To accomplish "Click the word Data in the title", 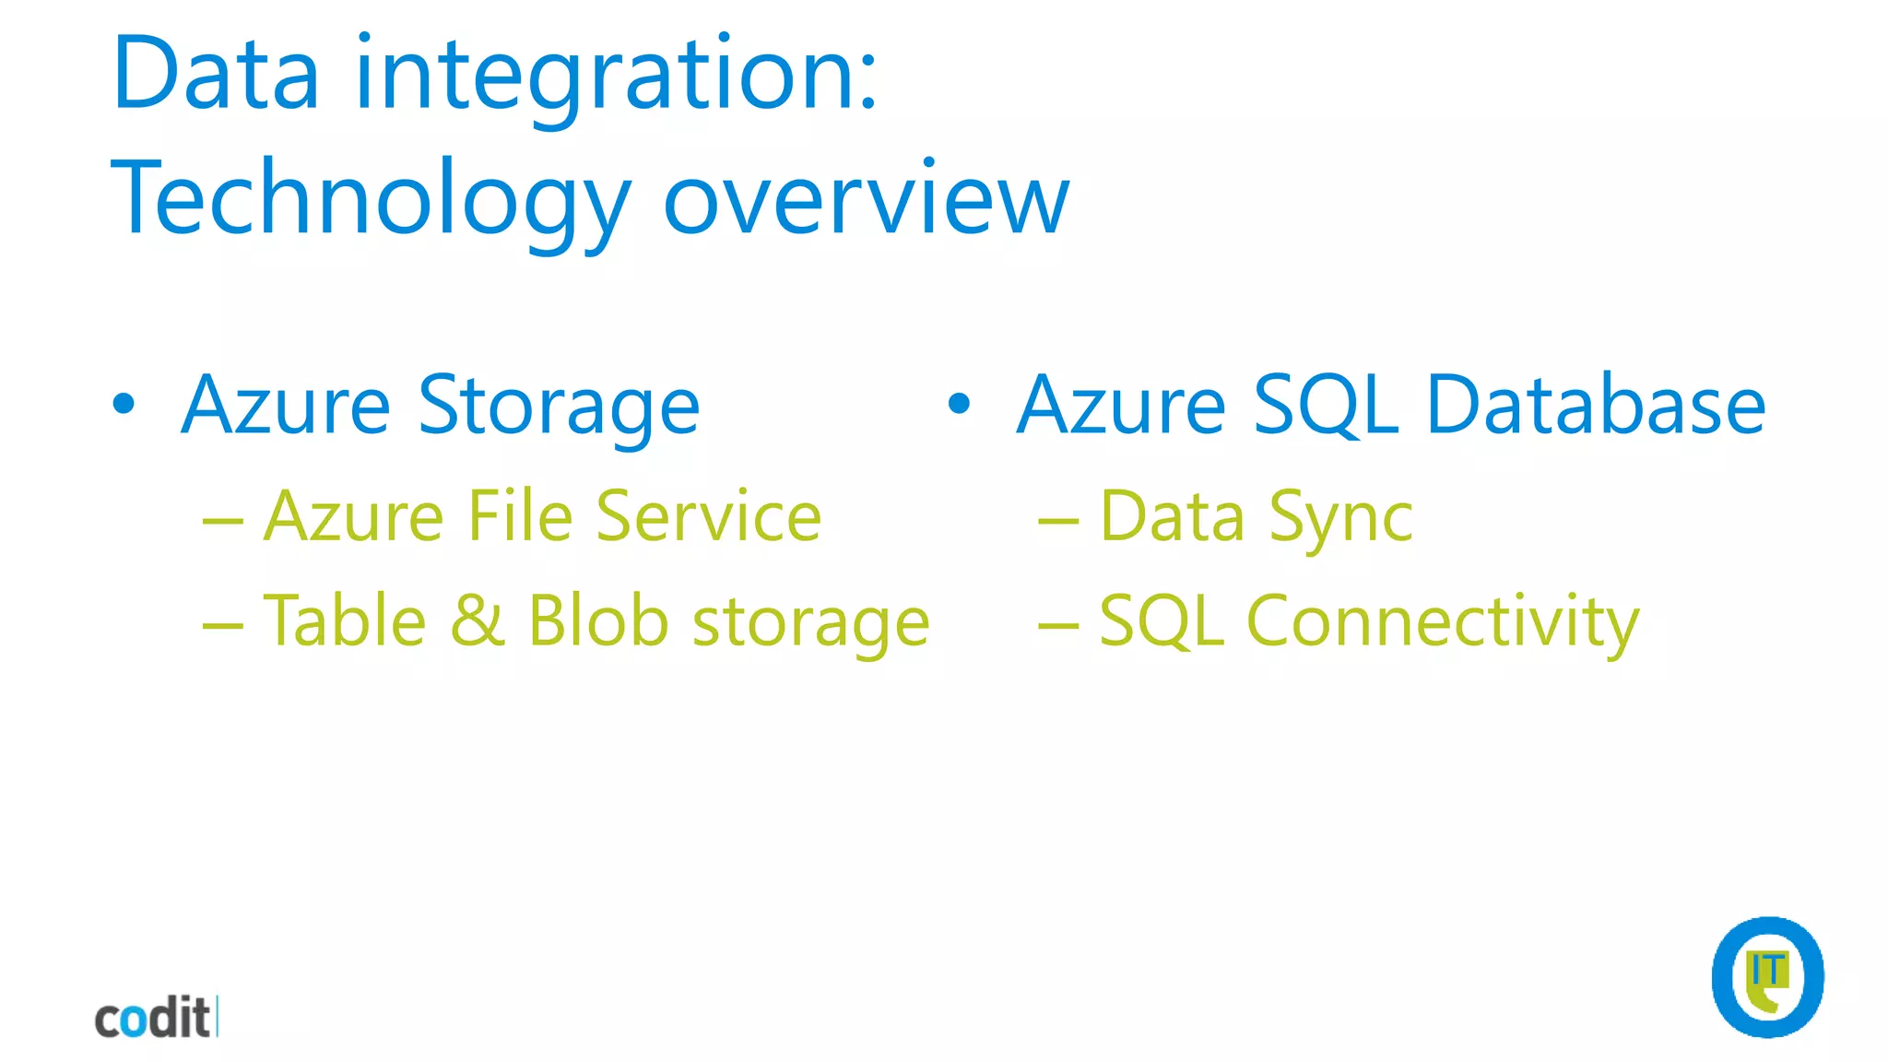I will tap(216, 74).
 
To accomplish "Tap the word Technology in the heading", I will tap(369, 199).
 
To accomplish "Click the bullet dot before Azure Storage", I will tap(124, 404).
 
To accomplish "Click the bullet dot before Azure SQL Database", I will tap(960, 404).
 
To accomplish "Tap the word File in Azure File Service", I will tap(520, 515).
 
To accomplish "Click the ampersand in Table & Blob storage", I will tap(477, 620).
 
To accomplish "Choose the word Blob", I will tap(597, 620).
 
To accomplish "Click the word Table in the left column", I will tap(345, 620).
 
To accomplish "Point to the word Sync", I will tap(1340, 517).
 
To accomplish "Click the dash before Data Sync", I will tap(1057, 522).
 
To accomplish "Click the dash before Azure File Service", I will tap(222, 522).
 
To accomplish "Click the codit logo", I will tap(155, 1018).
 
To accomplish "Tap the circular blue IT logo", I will tap(1767, 977).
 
